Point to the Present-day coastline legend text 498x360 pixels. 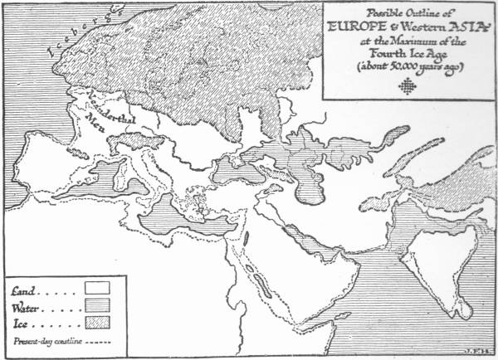[42, 338]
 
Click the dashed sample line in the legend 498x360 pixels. [95, 338]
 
